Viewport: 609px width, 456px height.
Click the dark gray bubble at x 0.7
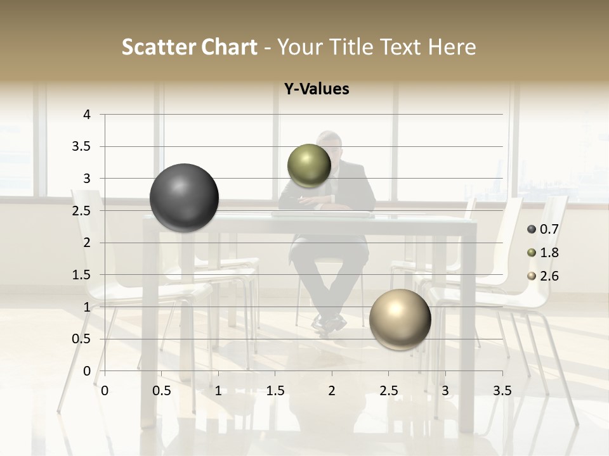pyautogui.click(x=185, y=198)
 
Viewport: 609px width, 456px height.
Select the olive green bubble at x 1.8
pyautogui.click(x=309, y=165)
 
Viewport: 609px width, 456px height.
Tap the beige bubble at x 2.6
pyautogui.click(x=400, y=319)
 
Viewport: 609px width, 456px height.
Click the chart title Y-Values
pyautogui.click(x=316, y=89)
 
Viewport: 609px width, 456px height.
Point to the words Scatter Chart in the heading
pyautogui.click(x=190, y=47)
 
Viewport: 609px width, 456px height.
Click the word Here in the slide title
pyautogui.click(x=452, y=47)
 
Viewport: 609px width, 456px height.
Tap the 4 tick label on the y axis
pyautogui.click(x=87, y=115)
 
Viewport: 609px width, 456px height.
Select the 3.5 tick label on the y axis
pyautogui.click(x=82, y=146)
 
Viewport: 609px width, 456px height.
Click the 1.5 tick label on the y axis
pyautogui.click(x=82, y=275)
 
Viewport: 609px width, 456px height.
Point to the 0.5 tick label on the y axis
pyautogui.click(x=82, y=339)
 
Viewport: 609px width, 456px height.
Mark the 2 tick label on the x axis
pyautogui.click(x=332, y=391)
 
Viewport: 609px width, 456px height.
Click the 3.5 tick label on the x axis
pyautogui.click(x=502, y=391)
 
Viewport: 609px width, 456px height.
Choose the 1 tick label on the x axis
pyautogui.click(x=218, y=391)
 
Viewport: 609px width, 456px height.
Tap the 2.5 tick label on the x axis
pyautogui.click(x=388, y=391)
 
